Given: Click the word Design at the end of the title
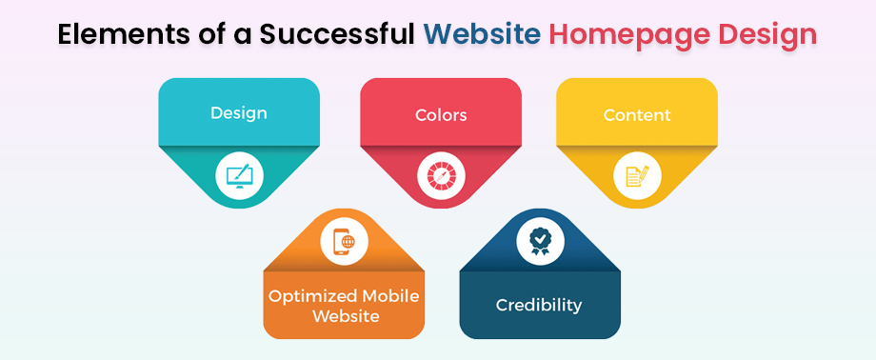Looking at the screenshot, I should (x=766, y=35).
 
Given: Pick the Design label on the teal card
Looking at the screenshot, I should (x=238, y=112).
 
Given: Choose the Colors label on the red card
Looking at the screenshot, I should (x=441, y=115).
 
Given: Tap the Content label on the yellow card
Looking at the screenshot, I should (x=637, y=115).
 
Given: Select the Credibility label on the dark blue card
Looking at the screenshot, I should (x=539, y=306).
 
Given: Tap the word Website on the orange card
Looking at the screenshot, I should (x=344, y=315).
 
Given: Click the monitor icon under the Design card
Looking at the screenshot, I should (x=238, y=175).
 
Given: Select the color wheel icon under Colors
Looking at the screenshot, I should (x=441, y=176).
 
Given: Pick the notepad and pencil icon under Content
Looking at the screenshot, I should (x=637, y=176).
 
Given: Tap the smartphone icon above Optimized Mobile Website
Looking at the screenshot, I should (x=344, y=242).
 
